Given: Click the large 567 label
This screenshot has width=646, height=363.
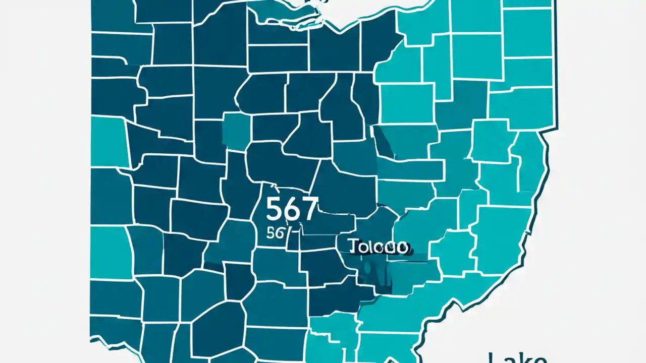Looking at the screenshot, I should pyautogui.click(x=292, y=209).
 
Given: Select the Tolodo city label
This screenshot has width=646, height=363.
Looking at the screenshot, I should pyautogui.click(x=378, y=247).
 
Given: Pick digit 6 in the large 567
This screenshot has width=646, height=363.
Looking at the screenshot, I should pyautogui.click(x=292, y=210).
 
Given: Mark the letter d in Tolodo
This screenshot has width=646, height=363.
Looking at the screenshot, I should pyautogui.click(x=390, y=247).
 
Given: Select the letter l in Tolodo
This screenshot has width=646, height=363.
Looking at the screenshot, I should pyautogui.click(x=371, y=247).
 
